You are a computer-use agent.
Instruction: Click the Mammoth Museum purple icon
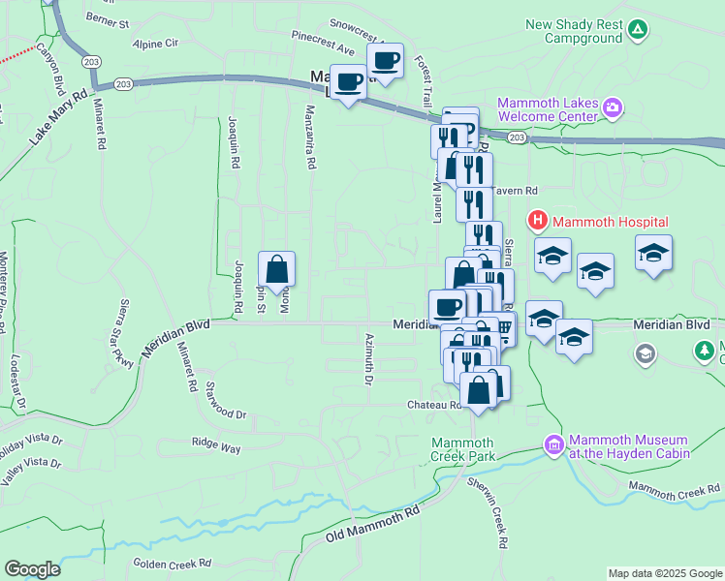click(553, 445)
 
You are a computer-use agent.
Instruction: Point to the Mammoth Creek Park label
click(463, 449)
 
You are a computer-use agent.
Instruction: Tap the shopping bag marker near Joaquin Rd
click(277, 270)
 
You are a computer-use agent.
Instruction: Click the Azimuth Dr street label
click(368, 358)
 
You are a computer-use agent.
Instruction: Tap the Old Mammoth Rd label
click(373, 523)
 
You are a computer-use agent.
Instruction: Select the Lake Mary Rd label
click(58, 118)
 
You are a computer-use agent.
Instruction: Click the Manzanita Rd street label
click(311, 138)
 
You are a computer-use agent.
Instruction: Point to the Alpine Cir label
click(156, 44)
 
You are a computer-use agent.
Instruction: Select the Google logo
click(32, 569)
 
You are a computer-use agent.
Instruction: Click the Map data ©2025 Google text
click(664, 573)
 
